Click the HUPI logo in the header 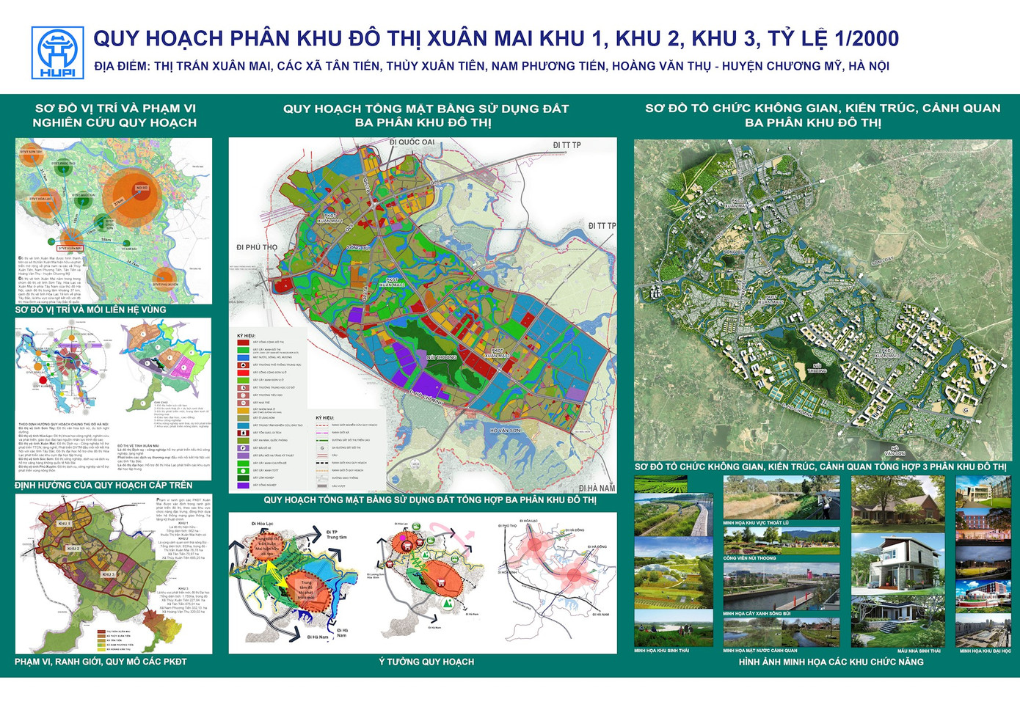pyautogui.click(x=57, y=53)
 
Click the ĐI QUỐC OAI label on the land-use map pyautogui.click(x=412, y=142)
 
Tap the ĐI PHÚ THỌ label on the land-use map pyautogui.click(x=257, y=247)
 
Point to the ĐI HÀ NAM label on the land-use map pyautogui.click(x=596, y=488)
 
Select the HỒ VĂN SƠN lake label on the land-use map pyautogui.click(x=505, y=431)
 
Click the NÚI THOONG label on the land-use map pyautogui.click(x=441, y=357)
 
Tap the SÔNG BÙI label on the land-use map pyautogui.click(x=358, y=248)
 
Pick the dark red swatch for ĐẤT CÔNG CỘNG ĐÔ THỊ pyautogui.click(x=243, y=343)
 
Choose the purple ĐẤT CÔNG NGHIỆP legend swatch pyautogui.click(x=243, y=486)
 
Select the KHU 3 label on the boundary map pyautogui.click(x=109, y=574)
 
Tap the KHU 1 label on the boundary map pyautogui.click(x=65, y=524)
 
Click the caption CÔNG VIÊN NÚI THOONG pyautogui.click(x=749, y=558)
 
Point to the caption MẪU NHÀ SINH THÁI pyautogui.click(x=918, y=651)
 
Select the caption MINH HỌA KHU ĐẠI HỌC pyautogui.click(x=985, y=651)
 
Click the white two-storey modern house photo pyautogui.click(x=897, y=565)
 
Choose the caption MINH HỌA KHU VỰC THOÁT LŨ pyautogui.click(x=756, y=523)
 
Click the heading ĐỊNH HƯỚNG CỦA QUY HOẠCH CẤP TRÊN pyautogui.click(x=103, y=485)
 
